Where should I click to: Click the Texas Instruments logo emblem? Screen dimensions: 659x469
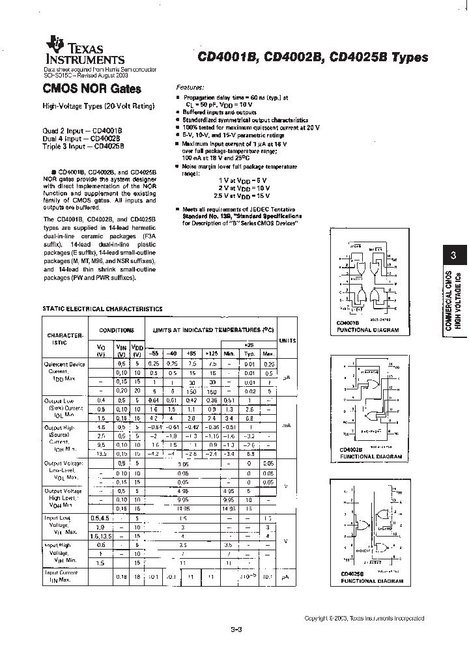54,44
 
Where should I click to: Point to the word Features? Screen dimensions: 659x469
190,87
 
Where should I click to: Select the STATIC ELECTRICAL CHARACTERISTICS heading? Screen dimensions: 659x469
102,309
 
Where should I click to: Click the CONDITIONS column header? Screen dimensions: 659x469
116,330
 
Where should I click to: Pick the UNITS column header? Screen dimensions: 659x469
287,341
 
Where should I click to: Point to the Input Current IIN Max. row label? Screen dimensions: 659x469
62,576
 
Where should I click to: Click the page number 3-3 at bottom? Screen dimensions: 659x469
236,629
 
